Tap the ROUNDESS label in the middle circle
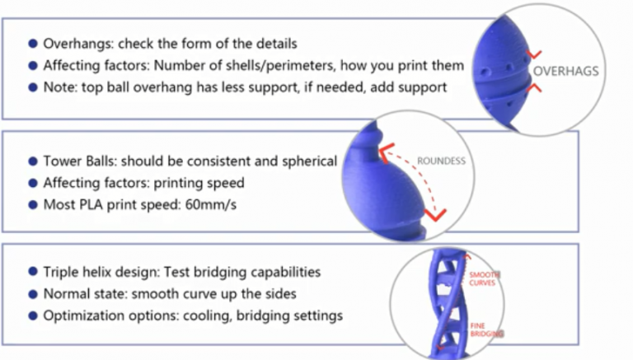pyautogui.click(x=441, y=161)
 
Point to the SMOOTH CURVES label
pyautogui.click(x=482, y=278)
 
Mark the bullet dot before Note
pyautogui.click(x=32, y=86)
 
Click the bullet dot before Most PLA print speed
pyautogui.click(x=32, y=204)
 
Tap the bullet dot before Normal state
pyautogui.click(x=32, y=293)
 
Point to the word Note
pyautogui.click(x=58, y=86)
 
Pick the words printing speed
pyautogui.click(x=204, y=183)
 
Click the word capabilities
pyautogui.click(x=281, y=271)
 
